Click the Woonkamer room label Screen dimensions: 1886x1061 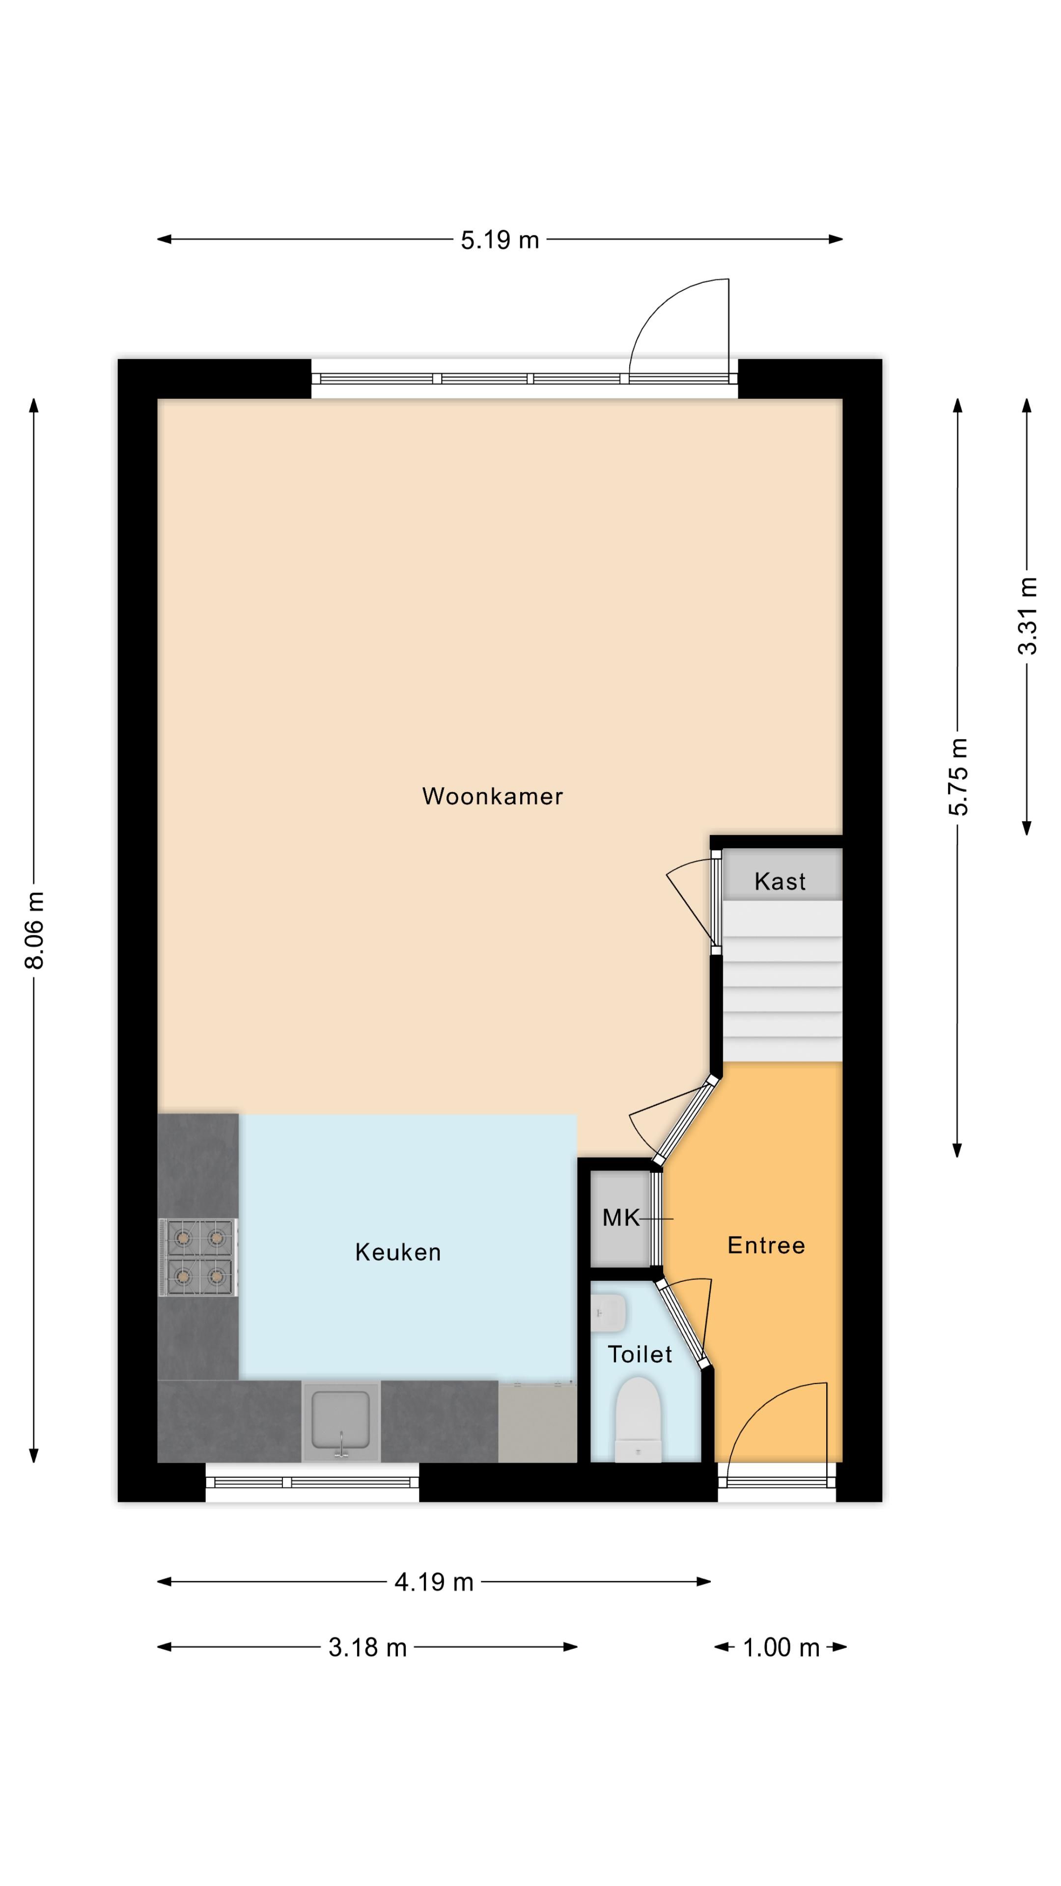(492, 797)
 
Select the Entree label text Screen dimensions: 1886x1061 (766, 1246)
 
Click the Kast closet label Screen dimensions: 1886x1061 (780, 882)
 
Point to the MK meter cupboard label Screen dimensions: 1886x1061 (620, 1218)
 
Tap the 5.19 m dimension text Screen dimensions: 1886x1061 (500, 240)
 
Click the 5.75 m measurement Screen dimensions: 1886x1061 (958, 776)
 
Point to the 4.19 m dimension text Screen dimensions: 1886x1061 (433, 1583)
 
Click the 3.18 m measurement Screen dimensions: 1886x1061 (367, 1648)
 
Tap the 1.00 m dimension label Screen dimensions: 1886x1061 (781, 1648)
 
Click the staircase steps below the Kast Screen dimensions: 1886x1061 (782, 981)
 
